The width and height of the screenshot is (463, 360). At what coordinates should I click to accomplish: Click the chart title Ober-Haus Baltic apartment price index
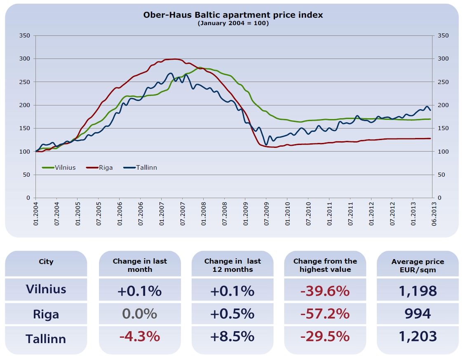point(233,15)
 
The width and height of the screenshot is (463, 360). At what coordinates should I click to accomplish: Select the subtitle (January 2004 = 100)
point(233,23)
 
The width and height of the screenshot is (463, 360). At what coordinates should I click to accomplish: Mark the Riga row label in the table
point(46,315)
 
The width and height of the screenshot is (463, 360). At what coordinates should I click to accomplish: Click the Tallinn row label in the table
point(46,339)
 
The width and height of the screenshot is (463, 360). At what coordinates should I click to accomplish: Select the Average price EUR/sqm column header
point(418,265)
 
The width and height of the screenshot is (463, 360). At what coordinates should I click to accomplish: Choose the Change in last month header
point(140,265)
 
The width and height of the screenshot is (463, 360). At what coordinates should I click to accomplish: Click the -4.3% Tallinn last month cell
point(139,337)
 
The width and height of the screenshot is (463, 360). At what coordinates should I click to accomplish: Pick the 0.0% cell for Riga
point(139,314)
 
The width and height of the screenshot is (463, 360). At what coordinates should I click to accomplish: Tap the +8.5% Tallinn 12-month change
point(232,337)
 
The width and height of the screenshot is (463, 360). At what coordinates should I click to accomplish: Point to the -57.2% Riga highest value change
point(325,314)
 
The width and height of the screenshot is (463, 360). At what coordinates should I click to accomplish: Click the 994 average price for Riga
point(418,314)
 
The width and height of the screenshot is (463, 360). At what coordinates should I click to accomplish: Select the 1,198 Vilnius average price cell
point(418,291)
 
